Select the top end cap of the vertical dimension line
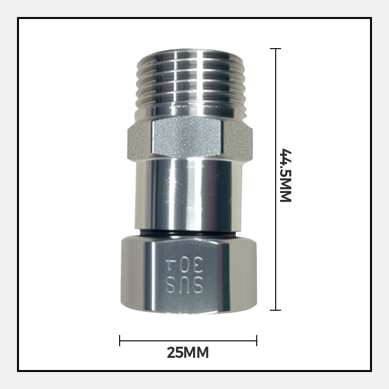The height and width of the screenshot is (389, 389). pyautogui.click(x=276, y=49)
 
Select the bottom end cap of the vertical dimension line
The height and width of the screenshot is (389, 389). pyautogui.click(x=276, y=310)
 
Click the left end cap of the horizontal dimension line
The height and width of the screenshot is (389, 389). pyautogui.click(x=120, y=340)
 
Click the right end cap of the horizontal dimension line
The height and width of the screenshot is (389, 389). pyautogui.click(x=257, y=340)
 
